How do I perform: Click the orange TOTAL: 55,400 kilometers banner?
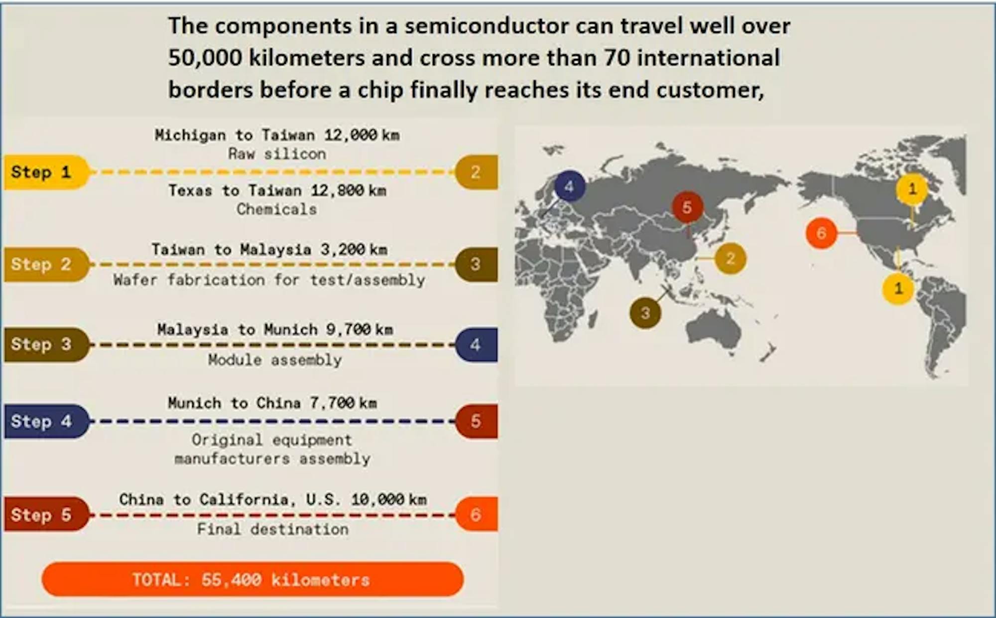pos(252,579)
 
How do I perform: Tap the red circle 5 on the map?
pos(687,207)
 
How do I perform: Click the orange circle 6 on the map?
pos(821,233)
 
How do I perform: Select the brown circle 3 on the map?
pos(645,313)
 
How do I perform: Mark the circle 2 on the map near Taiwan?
pos(730,258)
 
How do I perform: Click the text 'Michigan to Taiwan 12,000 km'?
pos(277,135)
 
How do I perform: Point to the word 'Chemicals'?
pos(277,209)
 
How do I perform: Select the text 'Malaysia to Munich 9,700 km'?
pos(275,329)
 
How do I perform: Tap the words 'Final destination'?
pos(273,529)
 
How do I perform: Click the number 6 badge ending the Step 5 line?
pos(477,514)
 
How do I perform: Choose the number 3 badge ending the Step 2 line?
pos(477,265)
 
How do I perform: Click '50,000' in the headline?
pos(205,58)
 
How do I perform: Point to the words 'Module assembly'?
pos(275,360)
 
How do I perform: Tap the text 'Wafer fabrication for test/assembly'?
pos(269,280)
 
